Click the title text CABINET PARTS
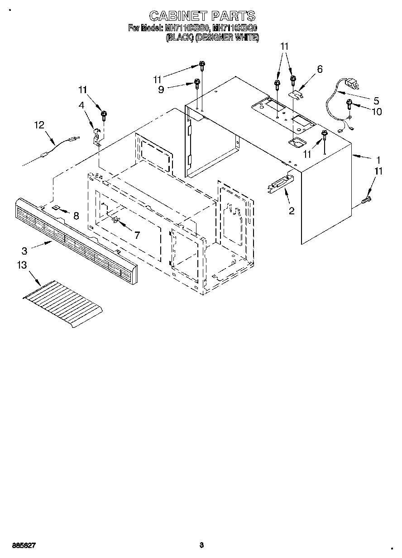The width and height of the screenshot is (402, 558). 202,17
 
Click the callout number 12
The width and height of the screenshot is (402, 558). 39,124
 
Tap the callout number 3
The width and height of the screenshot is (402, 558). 24,250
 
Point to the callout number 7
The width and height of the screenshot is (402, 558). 137,235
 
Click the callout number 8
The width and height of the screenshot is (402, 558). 76,216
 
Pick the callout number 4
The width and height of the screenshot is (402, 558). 81,105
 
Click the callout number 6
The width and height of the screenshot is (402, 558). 320,69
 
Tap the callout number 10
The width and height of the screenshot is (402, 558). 376,111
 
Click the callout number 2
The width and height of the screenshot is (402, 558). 292,210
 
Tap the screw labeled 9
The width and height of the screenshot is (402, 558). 197,83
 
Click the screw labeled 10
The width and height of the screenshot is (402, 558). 349,104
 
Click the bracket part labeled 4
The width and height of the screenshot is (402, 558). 96,137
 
